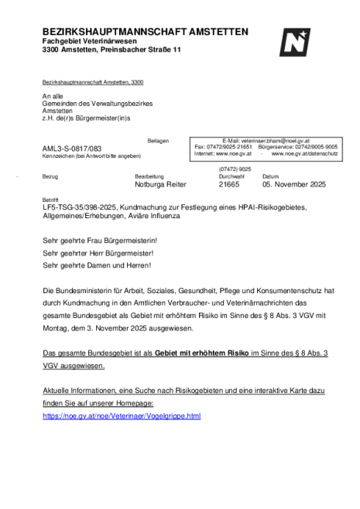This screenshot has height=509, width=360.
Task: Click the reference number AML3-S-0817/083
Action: coord(71,147)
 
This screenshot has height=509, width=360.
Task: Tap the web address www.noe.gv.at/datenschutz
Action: coord(304,154)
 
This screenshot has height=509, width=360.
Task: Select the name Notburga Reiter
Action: coord(160,185)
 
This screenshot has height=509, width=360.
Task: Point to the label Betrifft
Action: coord(50,200)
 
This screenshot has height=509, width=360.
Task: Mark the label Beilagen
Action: coord(157,140)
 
